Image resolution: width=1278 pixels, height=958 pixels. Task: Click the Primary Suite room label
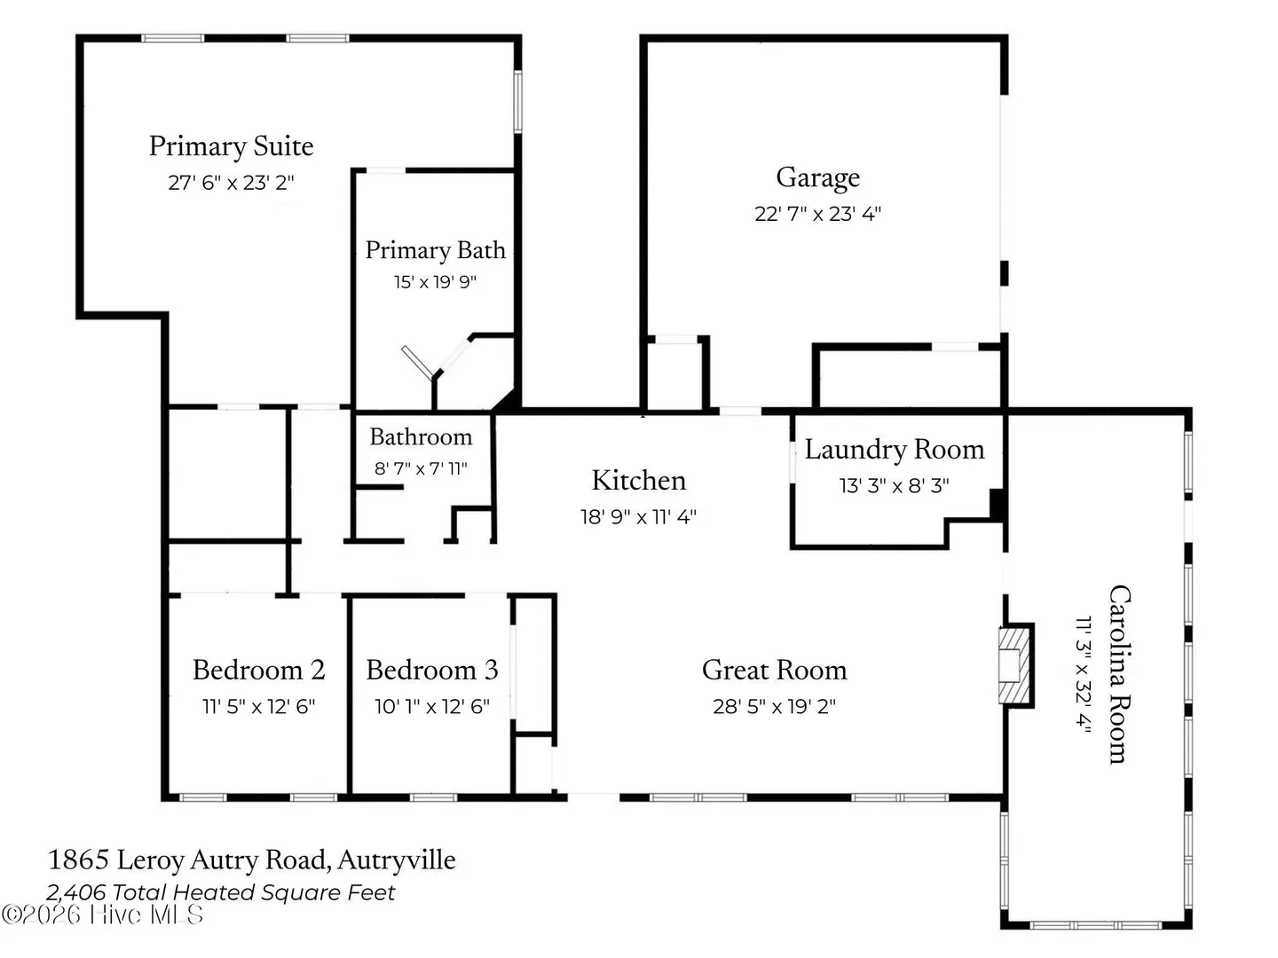point(231,146)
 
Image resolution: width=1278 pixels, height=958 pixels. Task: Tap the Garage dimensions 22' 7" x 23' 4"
point(817,214)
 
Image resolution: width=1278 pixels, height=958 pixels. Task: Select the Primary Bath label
point(436,251)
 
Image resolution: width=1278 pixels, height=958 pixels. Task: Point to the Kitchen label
point(639,481)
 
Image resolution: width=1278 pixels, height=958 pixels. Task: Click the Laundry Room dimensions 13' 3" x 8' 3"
point(895,486)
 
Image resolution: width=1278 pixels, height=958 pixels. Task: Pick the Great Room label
point(775,670)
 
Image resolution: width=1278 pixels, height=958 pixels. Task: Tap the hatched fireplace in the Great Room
point(1015,665)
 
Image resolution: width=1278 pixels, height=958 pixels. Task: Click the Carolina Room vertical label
point(1119,674)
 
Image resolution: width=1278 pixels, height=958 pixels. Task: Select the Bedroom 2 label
point(258,670)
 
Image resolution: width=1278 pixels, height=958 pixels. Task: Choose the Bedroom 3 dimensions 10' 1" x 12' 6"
point(432,707)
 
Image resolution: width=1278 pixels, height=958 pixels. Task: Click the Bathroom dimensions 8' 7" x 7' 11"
point(421,468)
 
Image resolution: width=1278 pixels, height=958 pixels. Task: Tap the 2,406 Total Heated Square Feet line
point(221,892)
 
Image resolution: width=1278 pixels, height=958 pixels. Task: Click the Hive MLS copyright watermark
point(102,915)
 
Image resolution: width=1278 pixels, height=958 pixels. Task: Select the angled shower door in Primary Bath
point(417,363)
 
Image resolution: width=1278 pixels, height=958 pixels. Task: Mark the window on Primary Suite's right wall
point(517,102)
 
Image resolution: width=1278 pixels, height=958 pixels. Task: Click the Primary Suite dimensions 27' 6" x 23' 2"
point(231,184)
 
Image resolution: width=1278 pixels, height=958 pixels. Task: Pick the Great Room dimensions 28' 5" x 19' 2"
point(775,707)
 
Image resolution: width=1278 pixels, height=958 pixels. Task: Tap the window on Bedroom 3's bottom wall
point(433,797)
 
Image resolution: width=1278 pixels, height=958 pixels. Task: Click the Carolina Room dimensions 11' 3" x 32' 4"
point(1084,674)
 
